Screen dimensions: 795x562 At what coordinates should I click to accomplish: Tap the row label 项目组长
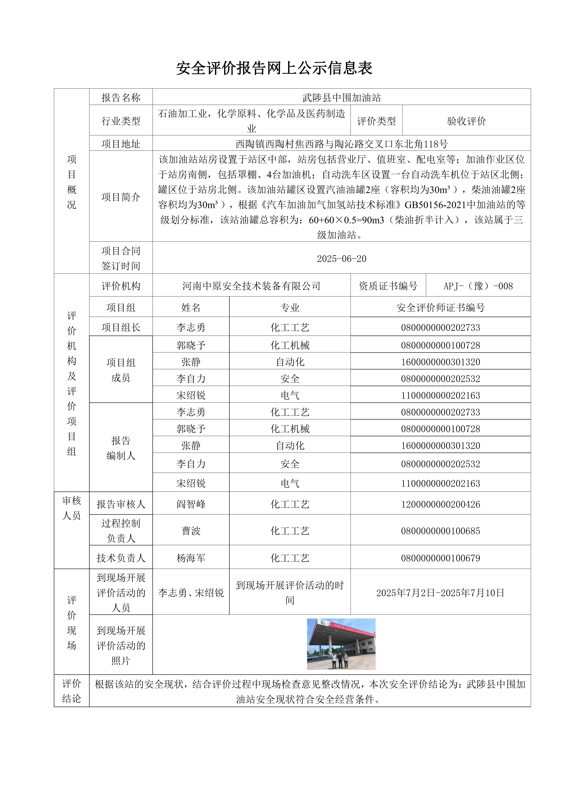point(121,327)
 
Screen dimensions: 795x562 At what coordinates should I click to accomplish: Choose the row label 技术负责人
point(121,558)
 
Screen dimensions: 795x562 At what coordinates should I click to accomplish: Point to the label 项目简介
point(121,197)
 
